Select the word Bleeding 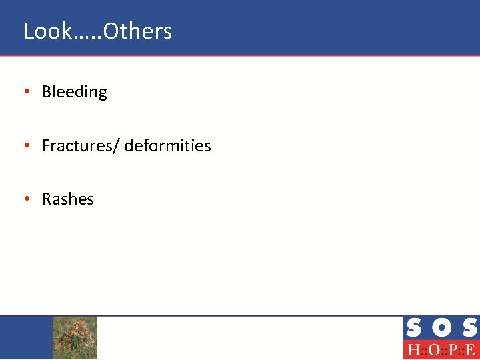[x=74, y=92]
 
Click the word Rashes [x=67, y=199]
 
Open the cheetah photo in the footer [x=75, y=337]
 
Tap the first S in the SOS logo [x=413, y=328]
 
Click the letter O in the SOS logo [x=441, y=328]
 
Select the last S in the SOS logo [x=469, y=328]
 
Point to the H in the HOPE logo [x=413, y=350]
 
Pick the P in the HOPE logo [x=451, y=350]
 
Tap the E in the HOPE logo [x=470, y=350]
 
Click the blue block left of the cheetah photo [x=26, y=337]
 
